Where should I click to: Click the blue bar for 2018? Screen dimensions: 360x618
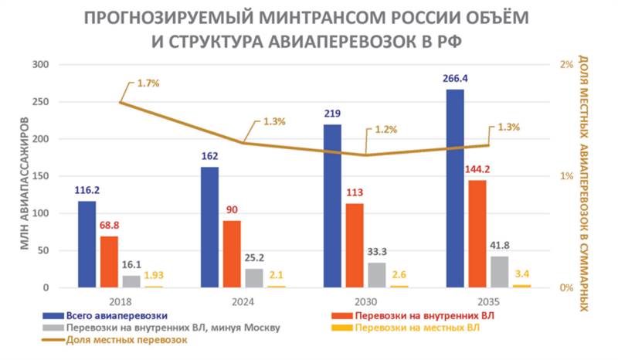point(87,244)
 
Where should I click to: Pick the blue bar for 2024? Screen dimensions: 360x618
point(210,227)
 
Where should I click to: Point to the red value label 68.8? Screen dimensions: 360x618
point(110,224)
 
